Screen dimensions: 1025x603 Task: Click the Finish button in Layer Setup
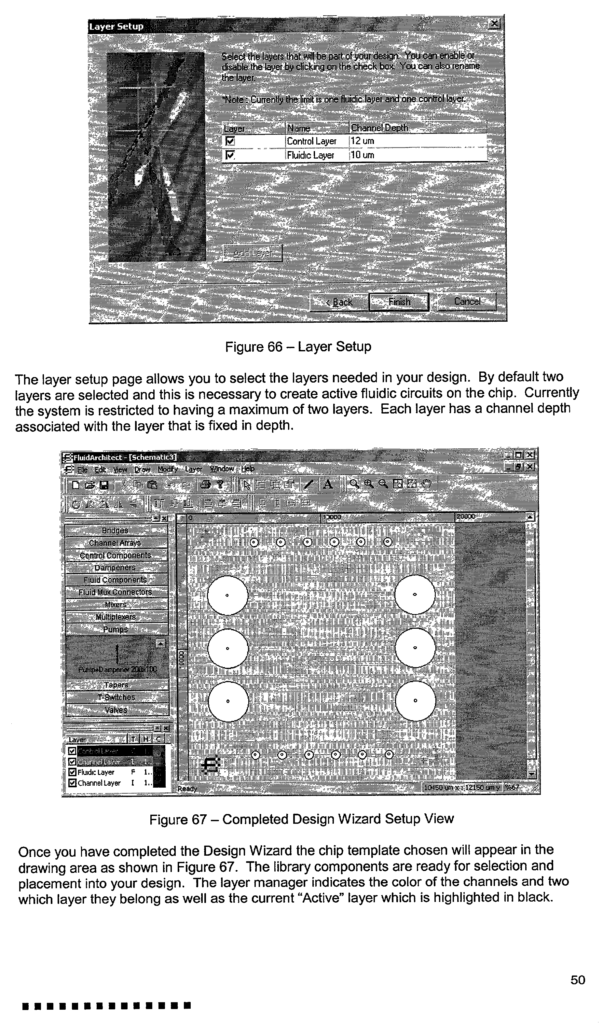[399, 302]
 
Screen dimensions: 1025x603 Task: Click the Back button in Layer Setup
[339, 302]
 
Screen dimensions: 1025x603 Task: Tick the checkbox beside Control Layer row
[230, 141]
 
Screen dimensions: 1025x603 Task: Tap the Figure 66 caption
[298, 347]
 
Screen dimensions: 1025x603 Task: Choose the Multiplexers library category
[116, 617]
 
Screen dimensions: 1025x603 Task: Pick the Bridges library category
[115, 530]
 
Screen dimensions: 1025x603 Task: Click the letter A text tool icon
[328, 484]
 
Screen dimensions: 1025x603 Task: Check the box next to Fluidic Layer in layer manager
[72, 772]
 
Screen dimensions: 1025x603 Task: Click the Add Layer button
[253, 253]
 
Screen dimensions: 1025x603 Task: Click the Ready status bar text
[187, 789]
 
